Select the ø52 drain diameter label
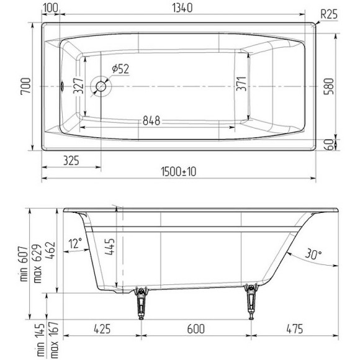tap(120, 69)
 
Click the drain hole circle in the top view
tap(100, 86)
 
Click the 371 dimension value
tap(243, 84)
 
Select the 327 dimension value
tap(78, 88)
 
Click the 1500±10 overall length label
tap(178, 171)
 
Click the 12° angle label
tap(76, 243)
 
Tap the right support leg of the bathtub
tap(251, 300)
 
